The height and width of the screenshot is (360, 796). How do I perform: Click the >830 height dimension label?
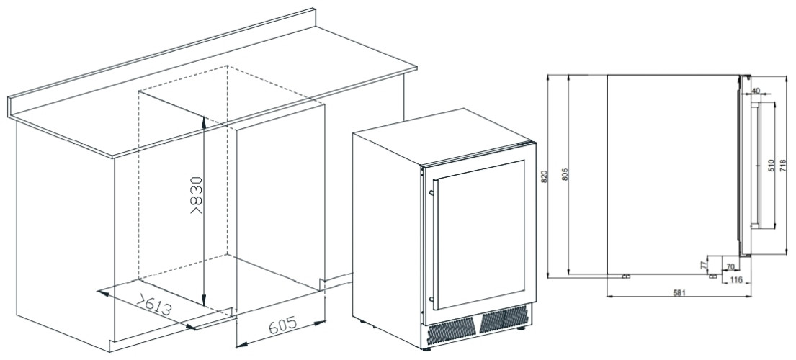pos(197,194)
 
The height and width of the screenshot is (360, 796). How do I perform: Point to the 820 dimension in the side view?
pos(544,176)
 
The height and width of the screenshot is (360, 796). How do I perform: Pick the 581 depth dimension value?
pos(680,292)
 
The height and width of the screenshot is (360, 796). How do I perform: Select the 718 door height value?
pos(783,166)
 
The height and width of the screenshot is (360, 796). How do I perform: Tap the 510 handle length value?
pos(770,166)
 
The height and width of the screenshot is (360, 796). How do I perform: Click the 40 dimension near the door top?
pos(756,90)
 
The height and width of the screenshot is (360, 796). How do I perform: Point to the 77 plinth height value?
pos(704,265)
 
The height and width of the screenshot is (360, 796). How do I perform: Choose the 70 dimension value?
pos(731,267)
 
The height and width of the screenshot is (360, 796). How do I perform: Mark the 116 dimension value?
pos(736,280)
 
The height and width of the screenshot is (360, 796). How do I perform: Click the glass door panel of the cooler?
pos(480,235)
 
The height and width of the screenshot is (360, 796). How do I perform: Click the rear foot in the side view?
pos(626,276)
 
